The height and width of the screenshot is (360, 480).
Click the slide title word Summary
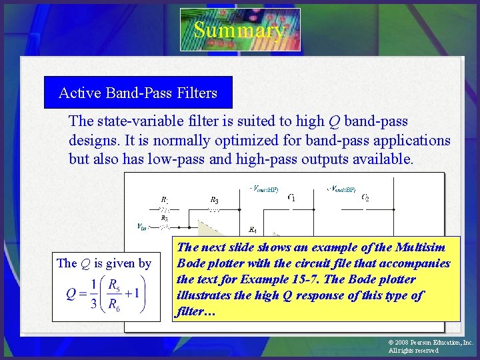(x=239, y=30)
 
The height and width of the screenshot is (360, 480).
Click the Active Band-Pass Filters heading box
(x=138, y=93)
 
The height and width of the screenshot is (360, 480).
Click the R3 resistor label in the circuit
(x=214, y=199)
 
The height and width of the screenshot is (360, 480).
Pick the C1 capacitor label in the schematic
(x=292, y=197)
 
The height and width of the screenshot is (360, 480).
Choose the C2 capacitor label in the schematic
(x=365, y=197)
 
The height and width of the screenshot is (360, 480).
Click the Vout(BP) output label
(x=341, y=189)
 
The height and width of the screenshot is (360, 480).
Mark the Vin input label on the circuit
(x=141, y=227)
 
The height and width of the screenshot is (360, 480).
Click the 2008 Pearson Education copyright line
(x=431, y=342)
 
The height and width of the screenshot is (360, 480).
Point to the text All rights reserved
(x=413, y=351)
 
